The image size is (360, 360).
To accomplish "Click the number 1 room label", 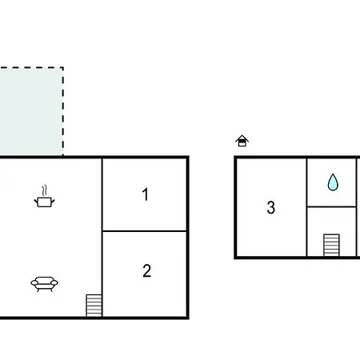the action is pyautogui.click(x=146, y=194).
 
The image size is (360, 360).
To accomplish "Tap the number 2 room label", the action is pyautogui.click(x=147, y=270).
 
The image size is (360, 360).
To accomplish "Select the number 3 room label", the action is pyautogui.click(x=271, y=207).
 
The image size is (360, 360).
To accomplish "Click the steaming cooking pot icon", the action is pyautogui.click(x=44, y=196).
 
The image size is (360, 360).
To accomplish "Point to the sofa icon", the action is pyautogui.click(x=44, y=284).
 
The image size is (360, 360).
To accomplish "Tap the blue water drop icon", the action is pyautogui.click(x=333, y=182).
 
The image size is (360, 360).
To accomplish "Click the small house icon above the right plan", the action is pyautogui.click(x=242, y=141).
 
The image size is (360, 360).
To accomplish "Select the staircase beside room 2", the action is pyautogui.click(x=94, y=306).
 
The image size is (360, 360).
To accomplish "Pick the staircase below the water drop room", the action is pyautogui.click(x=331, y=245).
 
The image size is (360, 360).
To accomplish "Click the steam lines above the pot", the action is pyautogui.click(x=45, y=190).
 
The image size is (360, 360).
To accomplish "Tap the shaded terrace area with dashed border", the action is pyautogui.click(x=31, y=111).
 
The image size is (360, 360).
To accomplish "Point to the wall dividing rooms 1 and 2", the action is pyautogui.click(x=144, y=231).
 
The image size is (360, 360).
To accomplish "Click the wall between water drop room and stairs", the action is pyautogui.click(x=331, y=206).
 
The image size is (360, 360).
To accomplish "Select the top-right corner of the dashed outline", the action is pyautogui.click(x=63, y=67).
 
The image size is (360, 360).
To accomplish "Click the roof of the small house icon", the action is pyautogui.click(x=242, y=138).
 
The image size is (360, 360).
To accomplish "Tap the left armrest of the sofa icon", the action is pyautogui.click(x=34, y=282).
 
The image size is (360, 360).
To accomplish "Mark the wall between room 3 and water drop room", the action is pyautogui.click(x=306, y=207).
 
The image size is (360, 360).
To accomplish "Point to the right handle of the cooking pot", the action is pyautogui.click(x=53, y=201).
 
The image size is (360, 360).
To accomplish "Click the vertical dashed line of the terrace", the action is pyautogui.click(x=63, y=111).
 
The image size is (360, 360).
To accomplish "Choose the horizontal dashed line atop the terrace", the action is pyautogui.click(x=31, y=67).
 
